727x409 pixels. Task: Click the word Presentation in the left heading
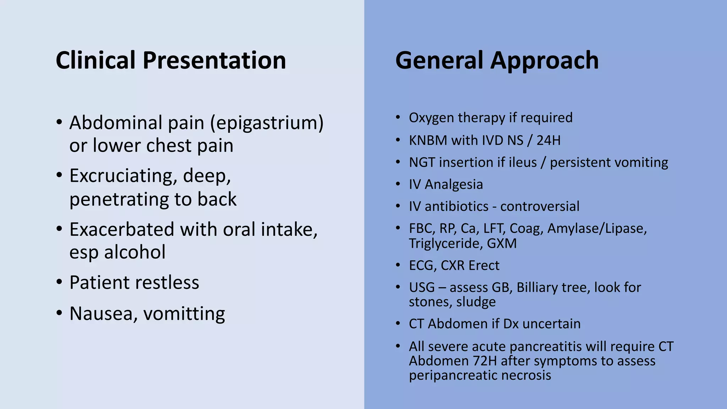tap(214, 60)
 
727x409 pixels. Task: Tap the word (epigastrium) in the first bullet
tap(267, 123)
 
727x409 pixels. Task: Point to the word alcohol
tap(135, 252)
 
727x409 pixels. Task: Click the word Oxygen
tap(431, 118)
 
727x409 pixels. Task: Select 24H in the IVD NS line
tap(548, 140)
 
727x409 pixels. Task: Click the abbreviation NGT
tap(422, 162)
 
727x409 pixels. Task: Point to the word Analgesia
tap(454, 185)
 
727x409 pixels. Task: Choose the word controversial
tap(540, 206)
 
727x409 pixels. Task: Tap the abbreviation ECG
tap(422, 266)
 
